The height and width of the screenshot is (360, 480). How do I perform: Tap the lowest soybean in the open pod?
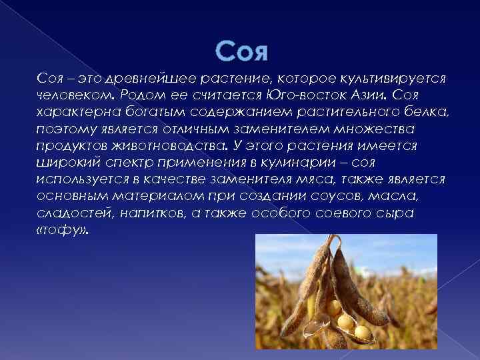pyautogui.click(x=362, y=331)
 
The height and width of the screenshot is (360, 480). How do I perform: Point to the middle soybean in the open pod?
pyautogui.click(x=346, y=321)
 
